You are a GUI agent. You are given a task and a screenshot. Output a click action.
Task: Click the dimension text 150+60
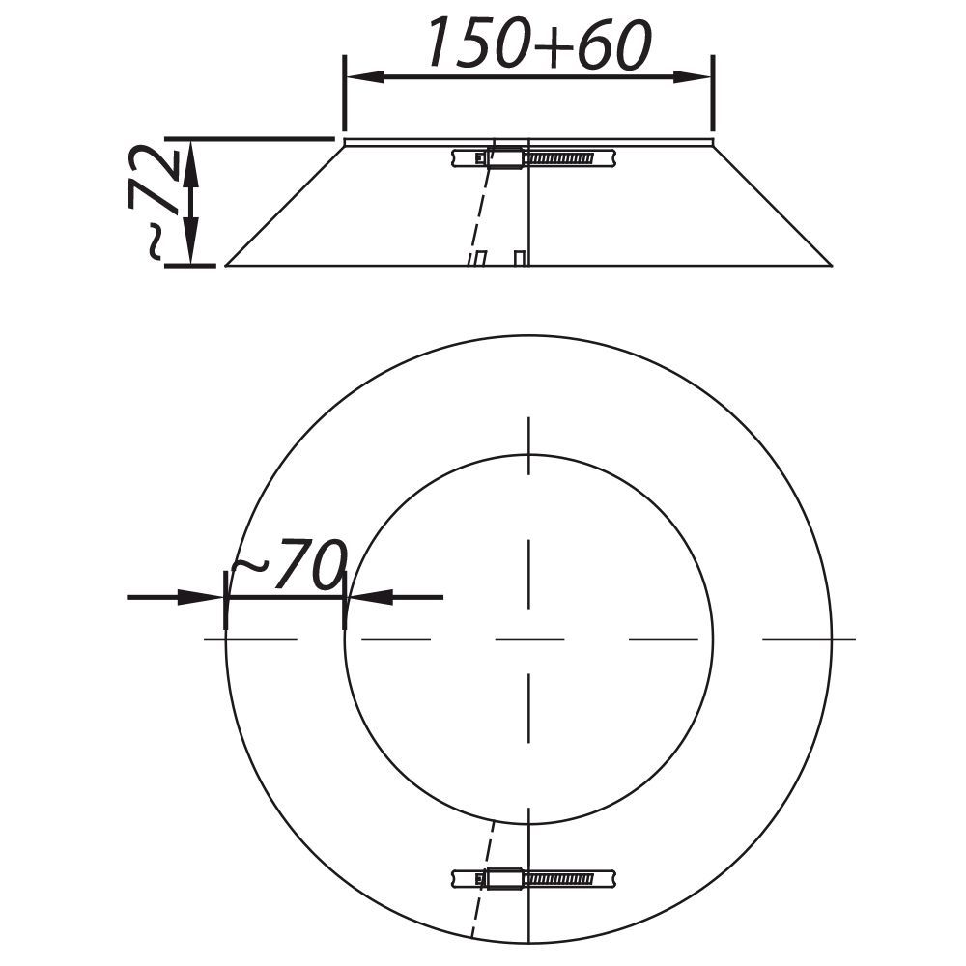click(x=540, y=43)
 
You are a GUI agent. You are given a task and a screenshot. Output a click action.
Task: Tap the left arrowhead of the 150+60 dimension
click(x=365, y=77)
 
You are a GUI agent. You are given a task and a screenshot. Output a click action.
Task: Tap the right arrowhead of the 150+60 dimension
click(x=692, y=77)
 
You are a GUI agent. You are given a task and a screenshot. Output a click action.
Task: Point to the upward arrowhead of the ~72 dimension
click(x=191, y=160)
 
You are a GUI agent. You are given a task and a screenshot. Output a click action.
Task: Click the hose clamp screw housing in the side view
click(x=505, y=158)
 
